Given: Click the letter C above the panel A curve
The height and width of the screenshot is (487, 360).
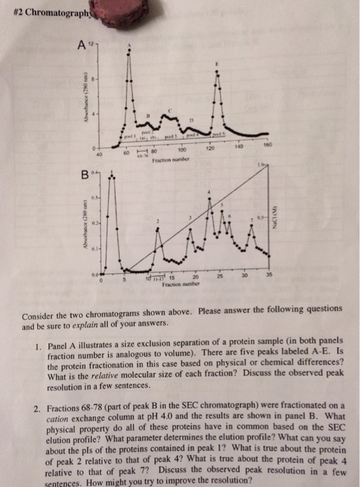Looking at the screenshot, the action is click(174, 107).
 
